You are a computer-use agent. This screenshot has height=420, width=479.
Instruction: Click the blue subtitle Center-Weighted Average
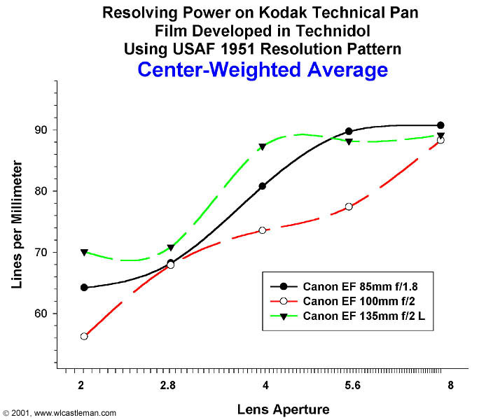point(263,69)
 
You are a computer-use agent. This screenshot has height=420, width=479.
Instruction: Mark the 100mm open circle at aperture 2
point(84,336)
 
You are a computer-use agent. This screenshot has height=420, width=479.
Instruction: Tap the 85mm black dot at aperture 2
point(84,287)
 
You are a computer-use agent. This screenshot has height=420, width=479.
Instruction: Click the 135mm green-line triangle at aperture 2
point(84,252)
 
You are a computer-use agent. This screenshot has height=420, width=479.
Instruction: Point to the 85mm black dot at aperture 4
point(262,186)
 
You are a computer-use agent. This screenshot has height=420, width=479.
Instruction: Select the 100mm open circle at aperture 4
point(262,230)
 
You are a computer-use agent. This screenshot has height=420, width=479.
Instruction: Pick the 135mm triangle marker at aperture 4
point(262,147)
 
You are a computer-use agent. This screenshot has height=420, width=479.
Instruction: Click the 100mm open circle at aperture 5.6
point(349,206)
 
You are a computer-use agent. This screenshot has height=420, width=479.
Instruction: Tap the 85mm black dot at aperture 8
point(440,125)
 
